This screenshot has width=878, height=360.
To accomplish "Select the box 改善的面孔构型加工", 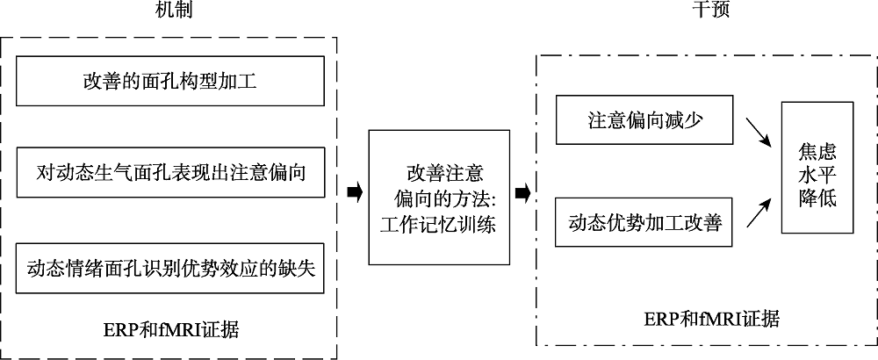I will (x=172, y=83).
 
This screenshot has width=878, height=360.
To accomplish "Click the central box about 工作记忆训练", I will (x=439, y=197).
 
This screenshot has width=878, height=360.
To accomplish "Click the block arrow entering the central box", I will (x=355, y=192).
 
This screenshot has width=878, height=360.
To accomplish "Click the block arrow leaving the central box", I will (x=522, y=192).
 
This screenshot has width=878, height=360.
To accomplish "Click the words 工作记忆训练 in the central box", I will (x=439, y=224).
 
